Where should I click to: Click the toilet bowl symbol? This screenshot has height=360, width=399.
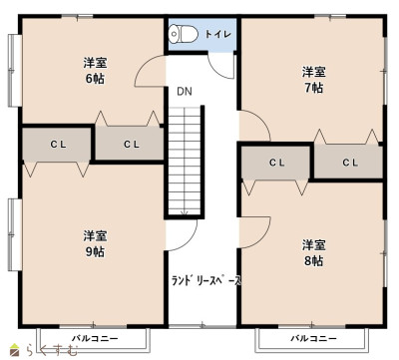183,34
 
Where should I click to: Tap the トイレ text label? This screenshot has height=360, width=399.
217,34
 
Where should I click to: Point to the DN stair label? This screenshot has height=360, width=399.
185,91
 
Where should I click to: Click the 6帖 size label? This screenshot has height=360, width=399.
95,79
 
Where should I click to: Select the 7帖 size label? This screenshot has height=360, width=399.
313,88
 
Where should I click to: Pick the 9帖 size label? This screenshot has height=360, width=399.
95,252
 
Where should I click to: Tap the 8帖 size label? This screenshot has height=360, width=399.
313,261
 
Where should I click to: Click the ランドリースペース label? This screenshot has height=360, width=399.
205,281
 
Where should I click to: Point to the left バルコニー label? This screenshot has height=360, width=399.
95,339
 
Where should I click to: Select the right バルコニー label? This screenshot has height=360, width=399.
313,339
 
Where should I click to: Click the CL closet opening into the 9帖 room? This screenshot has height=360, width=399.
57,145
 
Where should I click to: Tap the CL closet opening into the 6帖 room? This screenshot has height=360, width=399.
130,144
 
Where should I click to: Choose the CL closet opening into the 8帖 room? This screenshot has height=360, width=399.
275,163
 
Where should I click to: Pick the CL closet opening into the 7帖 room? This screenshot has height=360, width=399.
348,163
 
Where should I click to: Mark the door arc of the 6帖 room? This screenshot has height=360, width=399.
142,66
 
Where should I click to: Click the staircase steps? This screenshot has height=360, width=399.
185,161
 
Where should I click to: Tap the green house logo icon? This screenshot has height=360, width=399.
14,350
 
